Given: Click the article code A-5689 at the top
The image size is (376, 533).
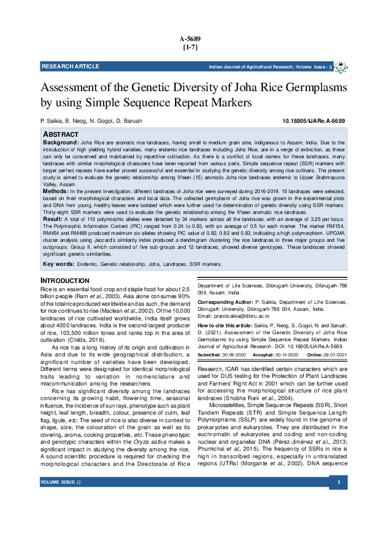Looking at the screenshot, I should click(188, 39).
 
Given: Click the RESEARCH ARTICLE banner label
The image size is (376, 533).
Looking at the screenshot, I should click(67, 66).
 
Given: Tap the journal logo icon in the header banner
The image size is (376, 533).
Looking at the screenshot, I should click(339, 66).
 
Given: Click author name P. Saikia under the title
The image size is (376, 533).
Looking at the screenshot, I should click(51, 120).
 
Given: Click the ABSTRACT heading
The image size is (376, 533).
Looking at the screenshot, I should click(61, 135).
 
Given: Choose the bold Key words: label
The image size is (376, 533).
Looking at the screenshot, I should click(58, 263).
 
